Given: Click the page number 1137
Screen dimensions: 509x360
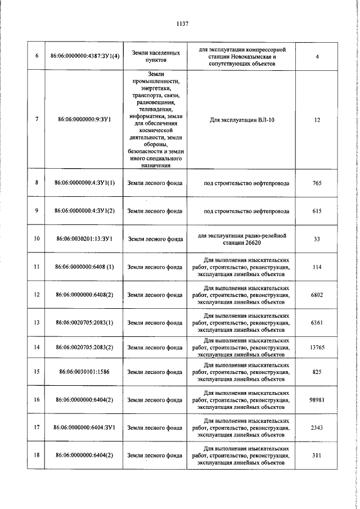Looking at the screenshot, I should tap(182, 24).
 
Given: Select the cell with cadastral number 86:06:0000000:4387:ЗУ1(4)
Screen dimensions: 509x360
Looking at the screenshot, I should tap(85, 56).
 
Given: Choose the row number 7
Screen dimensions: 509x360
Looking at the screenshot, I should tap(37, 120).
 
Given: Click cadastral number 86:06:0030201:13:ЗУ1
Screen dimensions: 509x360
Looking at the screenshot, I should tap(85, 238).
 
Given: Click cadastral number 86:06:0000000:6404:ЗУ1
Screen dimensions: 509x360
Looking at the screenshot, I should tap(85, 427).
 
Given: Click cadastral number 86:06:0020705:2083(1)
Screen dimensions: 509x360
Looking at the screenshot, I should tap(85, 323).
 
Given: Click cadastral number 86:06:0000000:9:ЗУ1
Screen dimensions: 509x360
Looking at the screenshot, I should tap(85, 120).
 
